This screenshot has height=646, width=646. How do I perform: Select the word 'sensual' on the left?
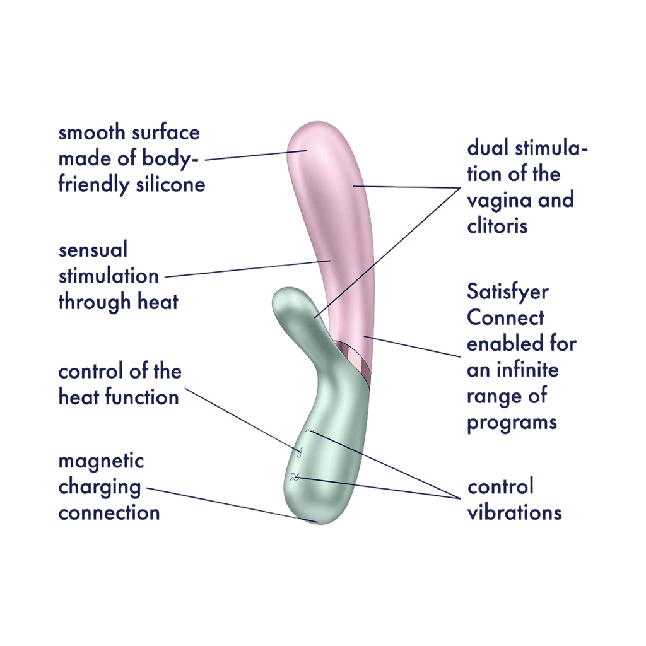93,251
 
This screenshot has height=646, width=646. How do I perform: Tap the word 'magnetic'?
101,462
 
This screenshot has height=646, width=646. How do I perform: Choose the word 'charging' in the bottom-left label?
99,487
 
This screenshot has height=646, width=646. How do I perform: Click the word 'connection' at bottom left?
109,513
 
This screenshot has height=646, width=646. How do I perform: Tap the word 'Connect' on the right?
505,319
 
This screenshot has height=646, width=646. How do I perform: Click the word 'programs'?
512,421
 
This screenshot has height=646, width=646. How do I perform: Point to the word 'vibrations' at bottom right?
514,513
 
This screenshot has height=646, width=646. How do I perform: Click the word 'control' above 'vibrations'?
501,487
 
